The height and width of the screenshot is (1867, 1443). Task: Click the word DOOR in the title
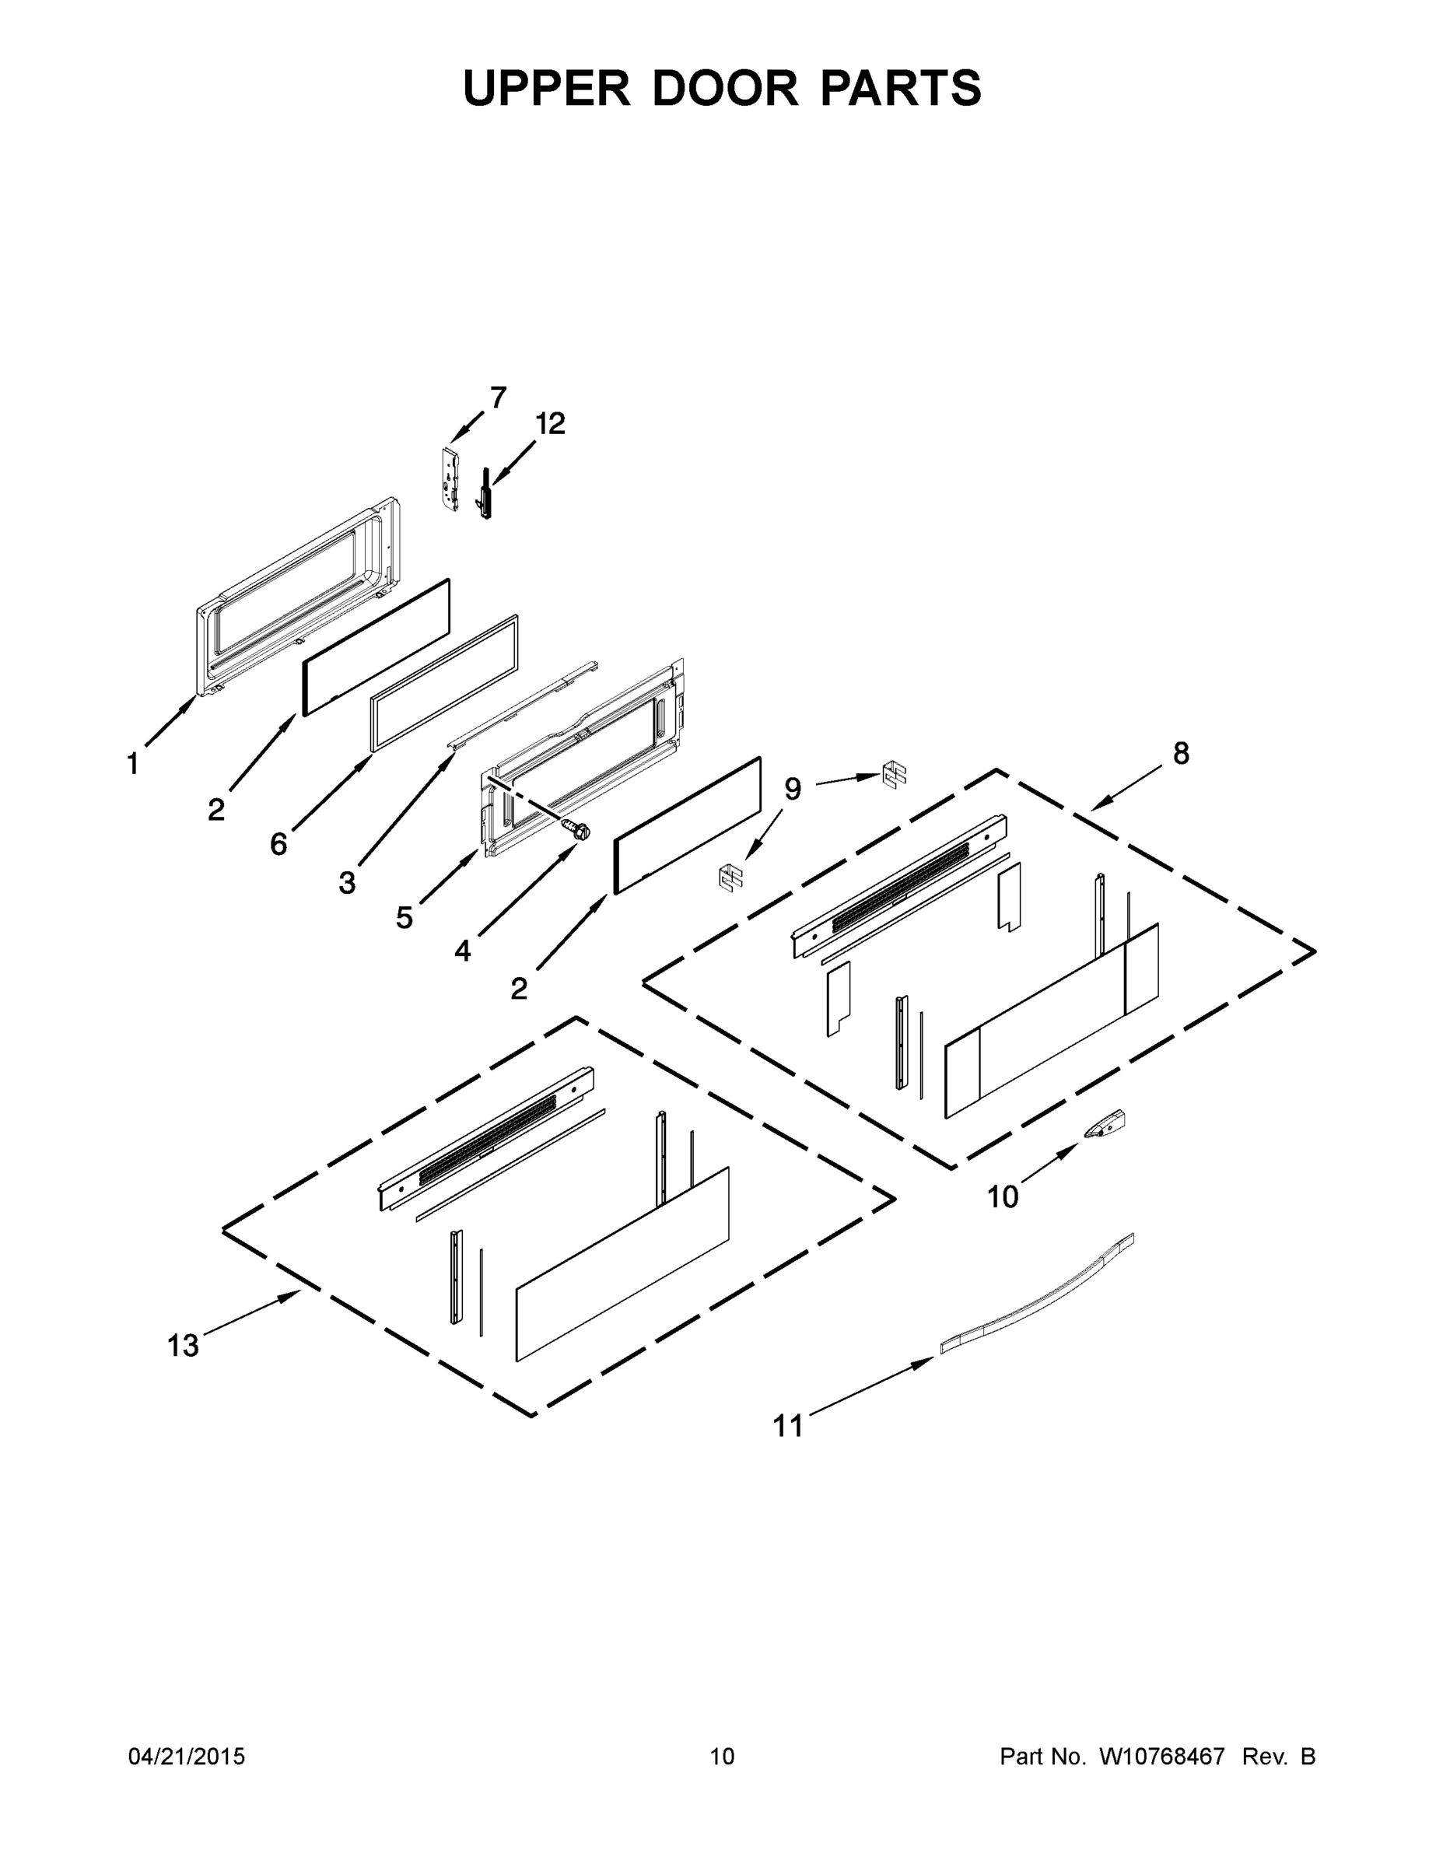pyautogui.click(x=725, y=88)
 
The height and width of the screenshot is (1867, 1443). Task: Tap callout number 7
pyautogui.click(x=498, y=398)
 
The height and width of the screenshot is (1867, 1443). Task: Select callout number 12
pyautogui.click(x=551, y=423)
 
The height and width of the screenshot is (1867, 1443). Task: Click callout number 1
pyautogui.click(x=132, y=763)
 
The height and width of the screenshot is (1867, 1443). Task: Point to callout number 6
pyautogui.click(x=278, y=844)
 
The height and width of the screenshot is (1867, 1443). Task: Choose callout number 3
pyautogui.click(x=346, y=882)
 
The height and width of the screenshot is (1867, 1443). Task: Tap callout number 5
pyautogui.click(x=405, y=917)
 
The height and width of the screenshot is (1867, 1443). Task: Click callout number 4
pyautogui.click(x=463, y=950)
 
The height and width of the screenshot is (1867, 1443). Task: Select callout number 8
pyautogui.click(x=1181, y=753)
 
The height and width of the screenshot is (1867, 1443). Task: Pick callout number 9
pyautogui.click(x=793, y=789)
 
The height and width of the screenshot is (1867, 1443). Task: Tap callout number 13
pyautogui.click(x=183, y=1346)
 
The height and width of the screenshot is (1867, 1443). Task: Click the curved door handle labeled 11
pyautogui.click(x=1037, y=1291)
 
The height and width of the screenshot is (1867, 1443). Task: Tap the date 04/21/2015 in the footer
pyautogui.click(x=187, y=1756)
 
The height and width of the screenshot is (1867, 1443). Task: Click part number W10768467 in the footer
pyautogui.click(x=1161, y=1756)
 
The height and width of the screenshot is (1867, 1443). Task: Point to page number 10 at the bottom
pyautogui.click(x=723, y=1756)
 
